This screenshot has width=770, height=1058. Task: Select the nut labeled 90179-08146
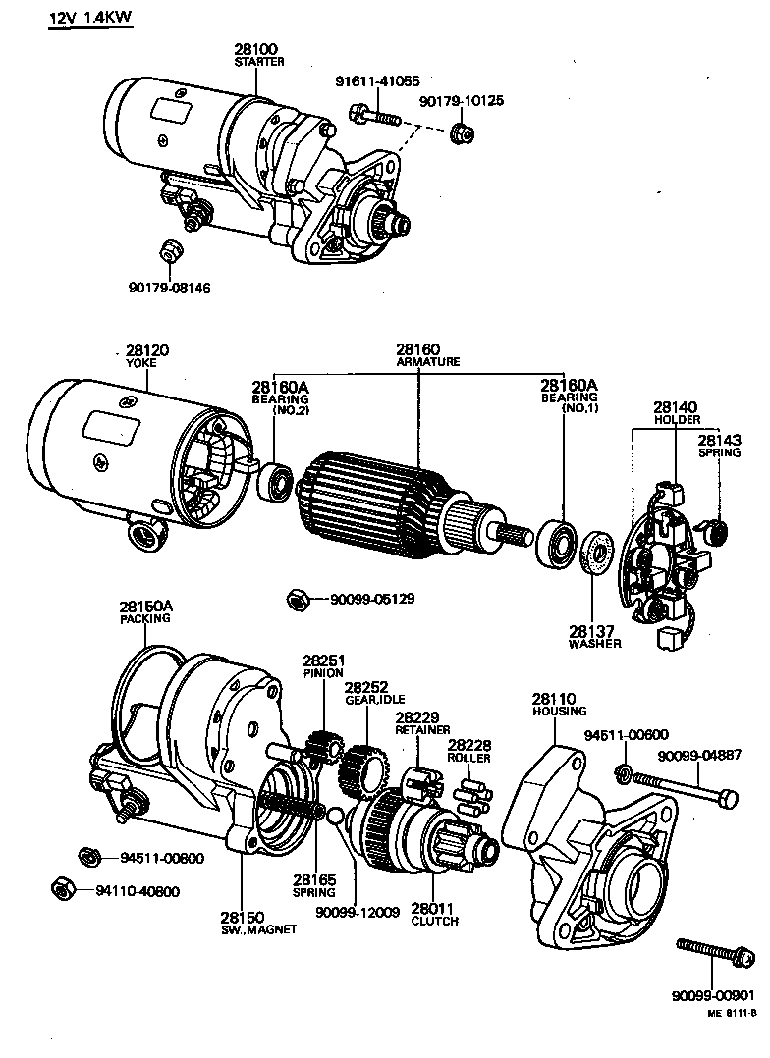168,251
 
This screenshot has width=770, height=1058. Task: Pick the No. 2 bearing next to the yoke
273,480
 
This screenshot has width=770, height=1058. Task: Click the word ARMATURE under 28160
427,361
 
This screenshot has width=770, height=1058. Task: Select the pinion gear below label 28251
319,749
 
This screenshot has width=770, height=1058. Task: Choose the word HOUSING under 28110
560,711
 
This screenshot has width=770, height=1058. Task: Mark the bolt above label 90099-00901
715,949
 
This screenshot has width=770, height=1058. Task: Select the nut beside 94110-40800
60,888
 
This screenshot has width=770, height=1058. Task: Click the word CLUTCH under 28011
434,921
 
